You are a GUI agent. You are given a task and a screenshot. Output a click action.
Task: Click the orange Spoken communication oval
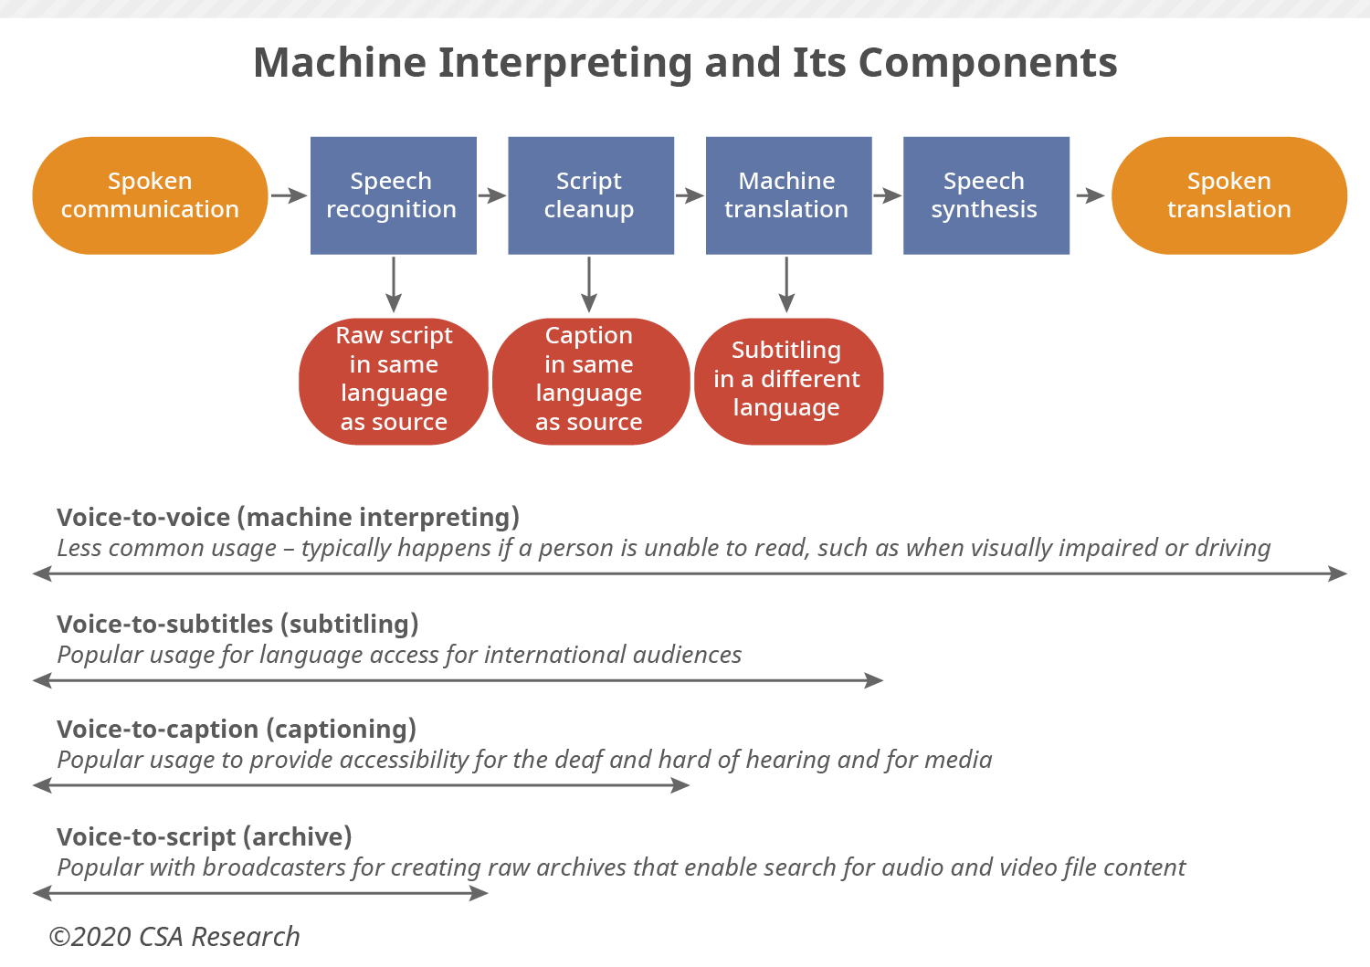150,195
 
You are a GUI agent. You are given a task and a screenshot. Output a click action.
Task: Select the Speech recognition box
393,195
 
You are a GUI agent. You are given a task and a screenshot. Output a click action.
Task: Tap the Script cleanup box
590,195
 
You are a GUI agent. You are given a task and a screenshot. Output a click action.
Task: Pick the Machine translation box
787,195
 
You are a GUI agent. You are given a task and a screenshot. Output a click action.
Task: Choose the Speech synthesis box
985,195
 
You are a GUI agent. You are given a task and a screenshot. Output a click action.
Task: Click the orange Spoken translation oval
1228,195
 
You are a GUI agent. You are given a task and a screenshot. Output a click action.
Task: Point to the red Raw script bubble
394,381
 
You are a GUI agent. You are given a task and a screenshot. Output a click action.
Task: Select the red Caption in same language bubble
590,381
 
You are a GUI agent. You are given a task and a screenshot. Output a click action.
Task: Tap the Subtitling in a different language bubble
787,381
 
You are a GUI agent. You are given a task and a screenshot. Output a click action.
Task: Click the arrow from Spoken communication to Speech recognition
289,195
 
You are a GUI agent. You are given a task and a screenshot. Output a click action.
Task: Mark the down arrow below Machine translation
786,285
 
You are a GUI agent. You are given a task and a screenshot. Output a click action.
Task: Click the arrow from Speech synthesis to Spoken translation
1090,195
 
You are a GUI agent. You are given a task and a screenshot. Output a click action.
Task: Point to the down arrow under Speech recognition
394,285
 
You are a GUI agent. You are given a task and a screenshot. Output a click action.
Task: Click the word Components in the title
987,64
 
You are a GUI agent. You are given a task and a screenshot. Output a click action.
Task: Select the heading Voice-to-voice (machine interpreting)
288,518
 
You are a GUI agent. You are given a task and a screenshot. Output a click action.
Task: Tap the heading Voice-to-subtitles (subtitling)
237,625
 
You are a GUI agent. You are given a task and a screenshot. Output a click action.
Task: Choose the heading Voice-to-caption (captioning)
236,730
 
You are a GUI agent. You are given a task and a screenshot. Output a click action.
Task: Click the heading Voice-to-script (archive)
204,837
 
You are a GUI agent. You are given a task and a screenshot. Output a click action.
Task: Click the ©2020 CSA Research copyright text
174,937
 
